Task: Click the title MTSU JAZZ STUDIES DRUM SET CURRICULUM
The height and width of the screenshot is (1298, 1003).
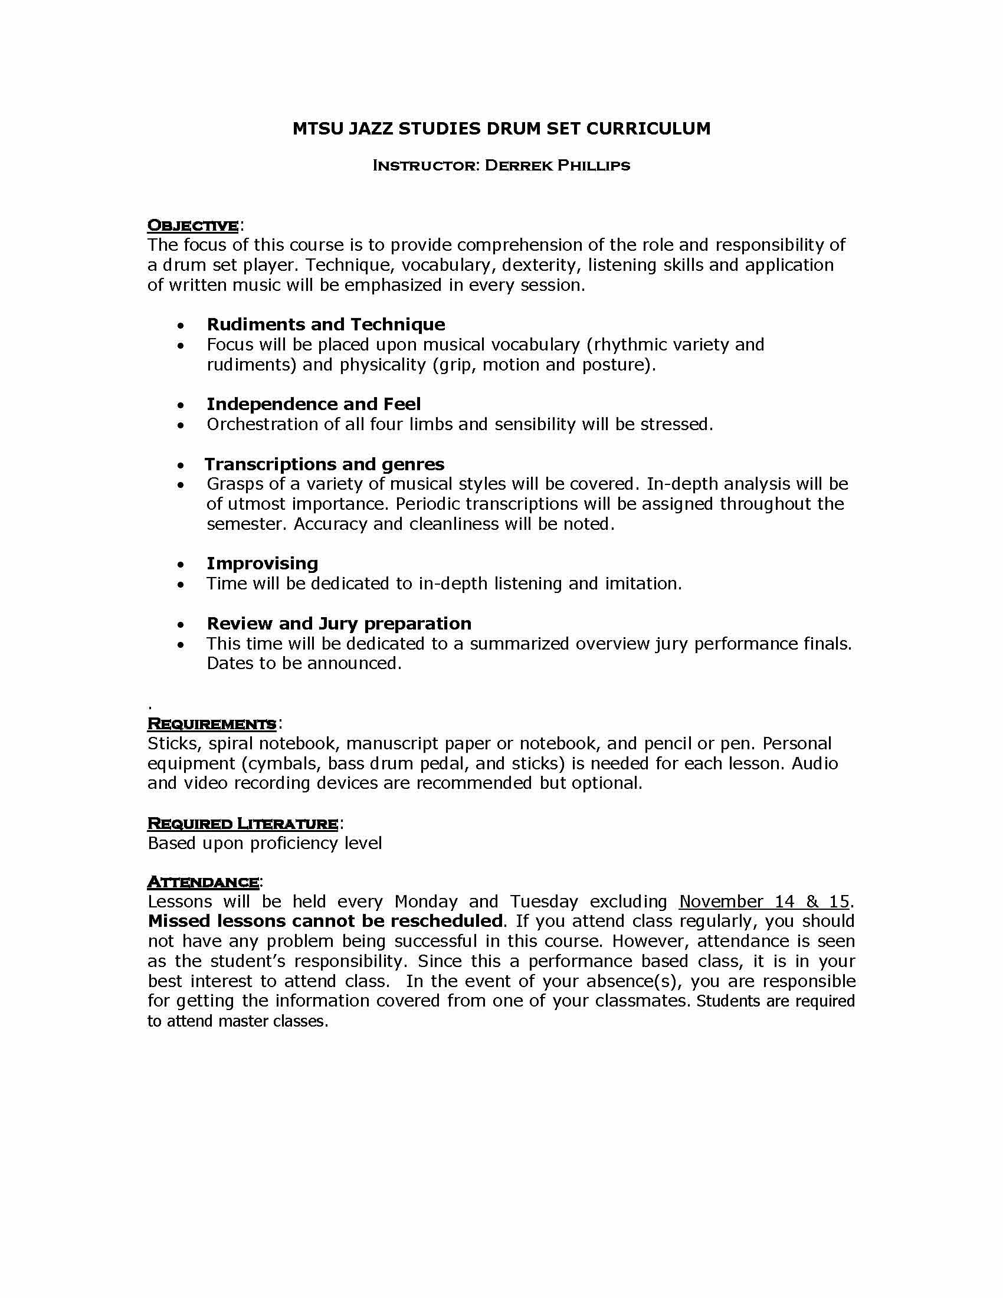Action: (x=501, y=129)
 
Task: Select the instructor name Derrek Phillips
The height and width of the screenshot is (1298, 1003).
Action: (x=557, y=166)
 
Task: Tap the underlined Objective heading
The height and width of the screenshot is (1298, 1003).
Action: (x=192, y=225)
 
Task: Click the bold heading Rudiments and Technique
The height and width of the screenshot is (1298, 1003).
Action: (x=326, y=324)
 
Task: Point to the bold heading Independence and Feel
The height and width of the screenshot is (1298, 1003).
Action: (x=313, y=404)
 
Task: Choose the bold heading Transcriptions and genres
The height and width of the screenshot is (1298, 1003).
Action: (x=324, y=464)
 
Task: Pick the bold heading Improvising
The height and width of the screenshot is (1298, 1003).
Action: (x=262, y=563)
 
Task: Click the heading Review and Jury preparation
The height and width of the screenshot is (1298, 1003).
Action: (x=339, y=623)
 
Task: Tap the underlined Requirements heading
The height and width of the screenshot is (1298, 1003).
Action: (x=212, y=723)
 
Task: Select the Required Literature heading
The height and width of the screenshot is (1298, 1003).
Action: (x=242, y=823)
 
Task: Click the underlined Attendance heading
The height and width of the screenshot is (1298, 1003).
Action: (x=202, y=881)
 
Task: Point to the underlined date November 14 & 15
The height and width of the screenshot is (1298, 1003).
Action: (x=764, y=902)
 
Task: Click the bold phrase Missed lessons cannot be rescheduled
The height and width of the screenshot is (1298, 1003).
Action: (x=326, y=921)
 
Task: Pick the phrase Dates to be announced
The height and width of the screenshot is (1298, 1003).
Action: (x=304, y=663)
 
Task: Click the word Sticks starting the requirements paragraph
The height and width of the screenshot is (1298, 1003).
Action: (x=173, y=743)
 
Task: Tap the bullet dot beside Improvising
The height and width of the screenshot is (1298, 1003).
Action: (x=181, y=565)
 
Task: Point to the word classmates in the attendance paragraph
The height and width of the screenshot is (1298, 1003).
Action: (x=643, y=1001)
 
